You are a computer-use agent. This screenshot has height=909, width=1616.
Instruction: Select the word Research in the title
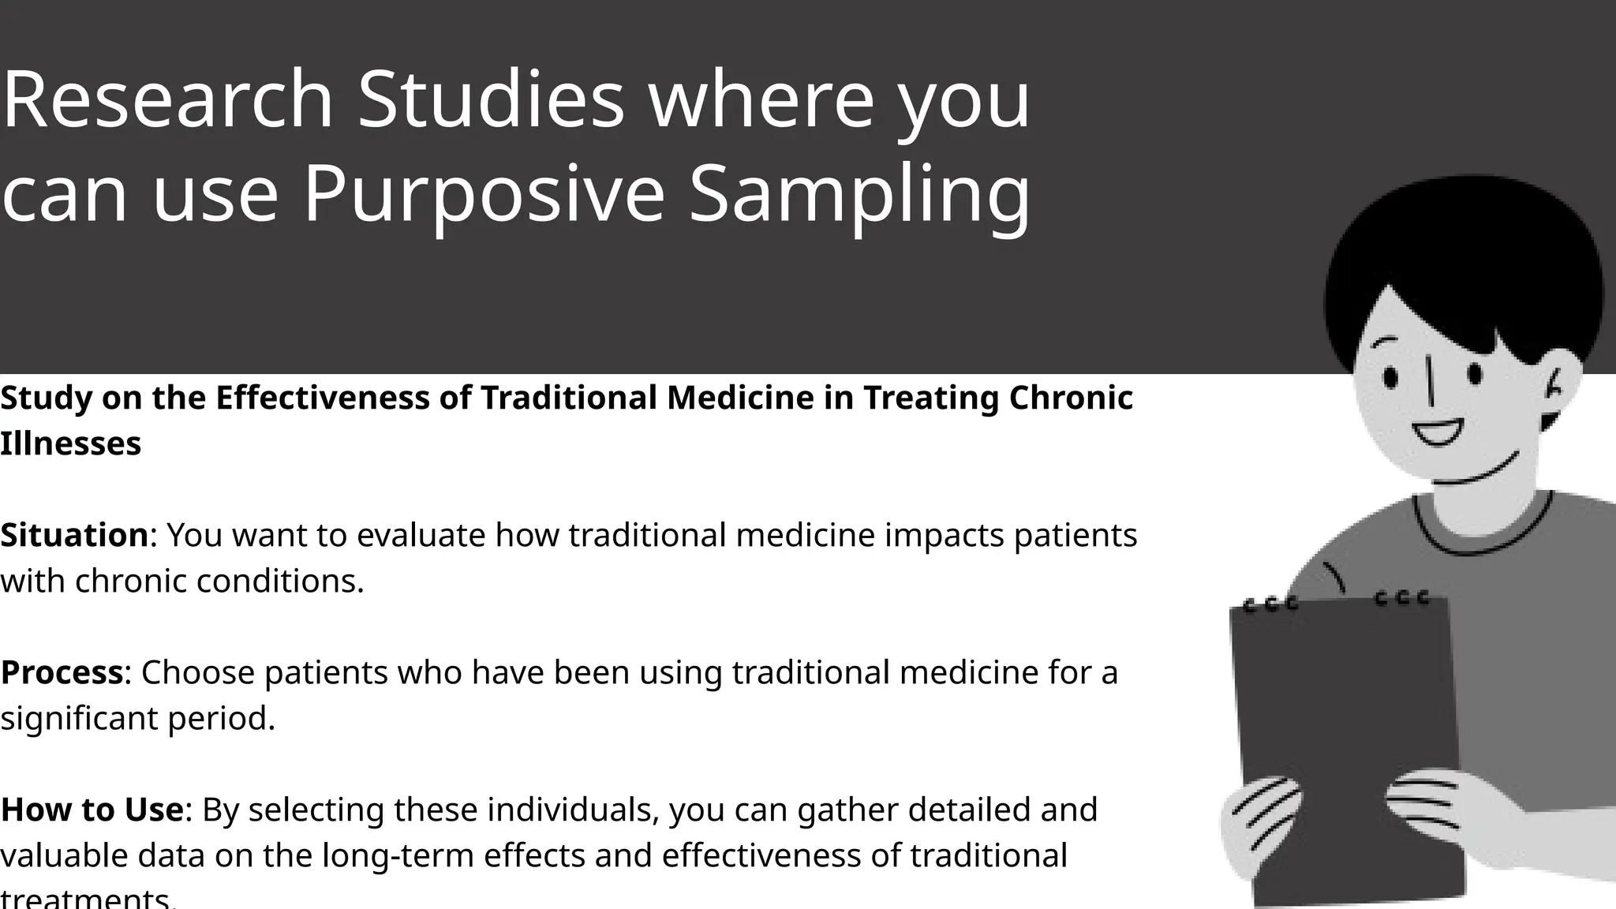point(167,100)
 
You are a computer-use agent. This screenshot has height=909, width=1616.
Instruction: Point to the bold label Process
point(62,672)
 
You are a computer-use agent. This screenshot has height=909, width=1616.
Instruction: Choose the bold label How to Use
point(92,810)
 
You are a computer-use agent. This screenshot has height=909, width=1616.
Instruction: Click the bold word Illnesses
point(70,443)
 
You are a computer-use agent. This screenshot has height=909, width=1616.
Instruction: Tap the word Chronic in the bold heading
point(1071,398)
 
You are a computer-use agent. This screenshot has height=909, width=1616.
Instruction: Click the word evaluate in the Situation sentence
point(421,535)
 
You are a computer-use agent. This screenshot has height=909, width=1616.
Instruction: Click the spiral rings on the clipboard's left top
point(1270,605)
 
